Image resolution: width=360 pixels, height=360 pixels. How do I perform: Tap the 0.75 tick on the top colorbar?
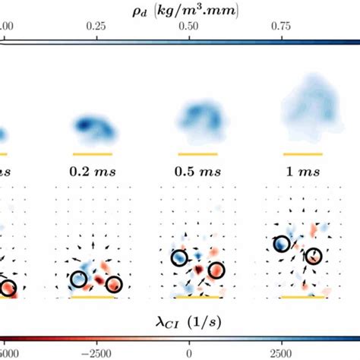[282, 25]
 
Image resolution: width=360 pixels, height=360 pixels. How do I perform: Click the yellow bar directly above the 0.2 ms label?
[91, 154]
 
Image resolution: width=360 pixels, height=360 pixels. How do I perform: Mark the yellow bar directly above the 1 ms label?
[302, 154]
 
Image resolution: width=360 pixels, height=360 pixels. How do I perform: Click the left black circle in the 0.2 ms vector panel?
[79, 279]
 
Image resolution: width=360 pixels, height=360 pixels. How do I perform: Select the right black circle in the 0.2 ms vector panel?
[114, 284]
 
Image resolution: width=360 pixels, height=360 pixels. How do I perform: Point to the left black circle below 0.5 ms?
[179, 258]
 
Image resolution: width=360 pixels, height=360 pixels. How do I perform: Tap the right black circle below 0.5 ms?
[216, 270]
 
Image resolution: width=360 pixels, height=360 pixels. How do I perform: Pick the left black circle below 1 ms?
[282, 244]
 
